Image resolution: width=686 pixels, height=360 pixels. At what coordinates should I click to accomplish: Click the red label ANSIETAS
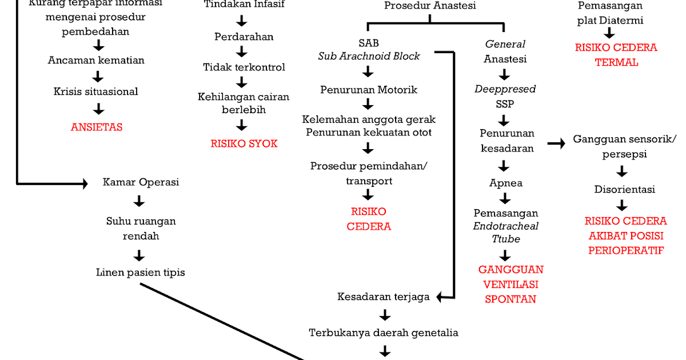pos(97,127)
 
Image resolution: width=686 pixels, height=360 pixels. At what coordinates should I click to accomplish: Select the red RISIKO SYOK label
pos(244,143)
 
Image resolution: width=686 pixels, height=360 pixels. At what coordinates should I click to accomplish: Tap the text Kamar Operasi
pos(141,182)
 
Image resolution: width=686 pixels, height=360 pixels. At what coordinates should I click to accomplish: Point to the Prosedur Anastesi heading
pos(430,6)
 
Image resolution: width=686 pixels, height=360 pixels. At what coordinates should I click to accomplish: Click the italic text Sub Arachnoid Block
pos(369,56)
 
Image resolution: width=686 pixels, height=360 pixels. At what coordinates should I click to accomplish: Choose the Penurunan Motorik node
pos(369,90)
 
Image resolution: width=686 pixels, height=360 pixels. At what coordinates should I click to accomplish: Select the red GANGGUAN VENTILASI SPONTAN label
pos(511,284)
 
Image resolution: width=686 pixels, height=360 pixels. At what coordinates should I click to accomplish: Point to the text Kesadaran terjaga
pos(383,297)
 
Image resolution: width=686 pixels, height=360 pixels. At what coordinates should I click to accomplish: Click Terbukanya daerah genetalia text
pos(384,332)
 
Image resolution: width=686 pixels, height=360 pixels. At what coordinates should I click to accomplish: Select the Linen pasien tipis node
pos(140,273)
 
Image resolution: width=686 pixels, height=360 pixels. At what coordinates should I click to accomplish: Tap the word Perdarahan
pos(244,37)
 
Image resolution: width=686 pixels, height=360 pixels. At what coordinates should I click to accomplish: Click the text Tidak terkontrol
pos(244,67)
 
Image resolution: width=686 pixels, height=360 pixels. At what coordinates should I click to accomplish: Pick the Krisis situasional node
pos(96,91)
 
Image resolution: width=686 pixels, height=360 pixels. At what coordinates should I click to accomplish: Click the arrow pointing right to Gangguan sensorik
pos(555,143)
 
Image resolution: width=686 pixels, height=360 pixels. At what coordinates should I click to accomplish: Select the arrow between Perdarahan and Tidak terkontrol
pos(242,52)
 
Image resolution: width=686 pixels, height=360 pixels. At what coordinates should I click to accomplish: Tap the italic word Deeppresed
pos(505,89)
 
